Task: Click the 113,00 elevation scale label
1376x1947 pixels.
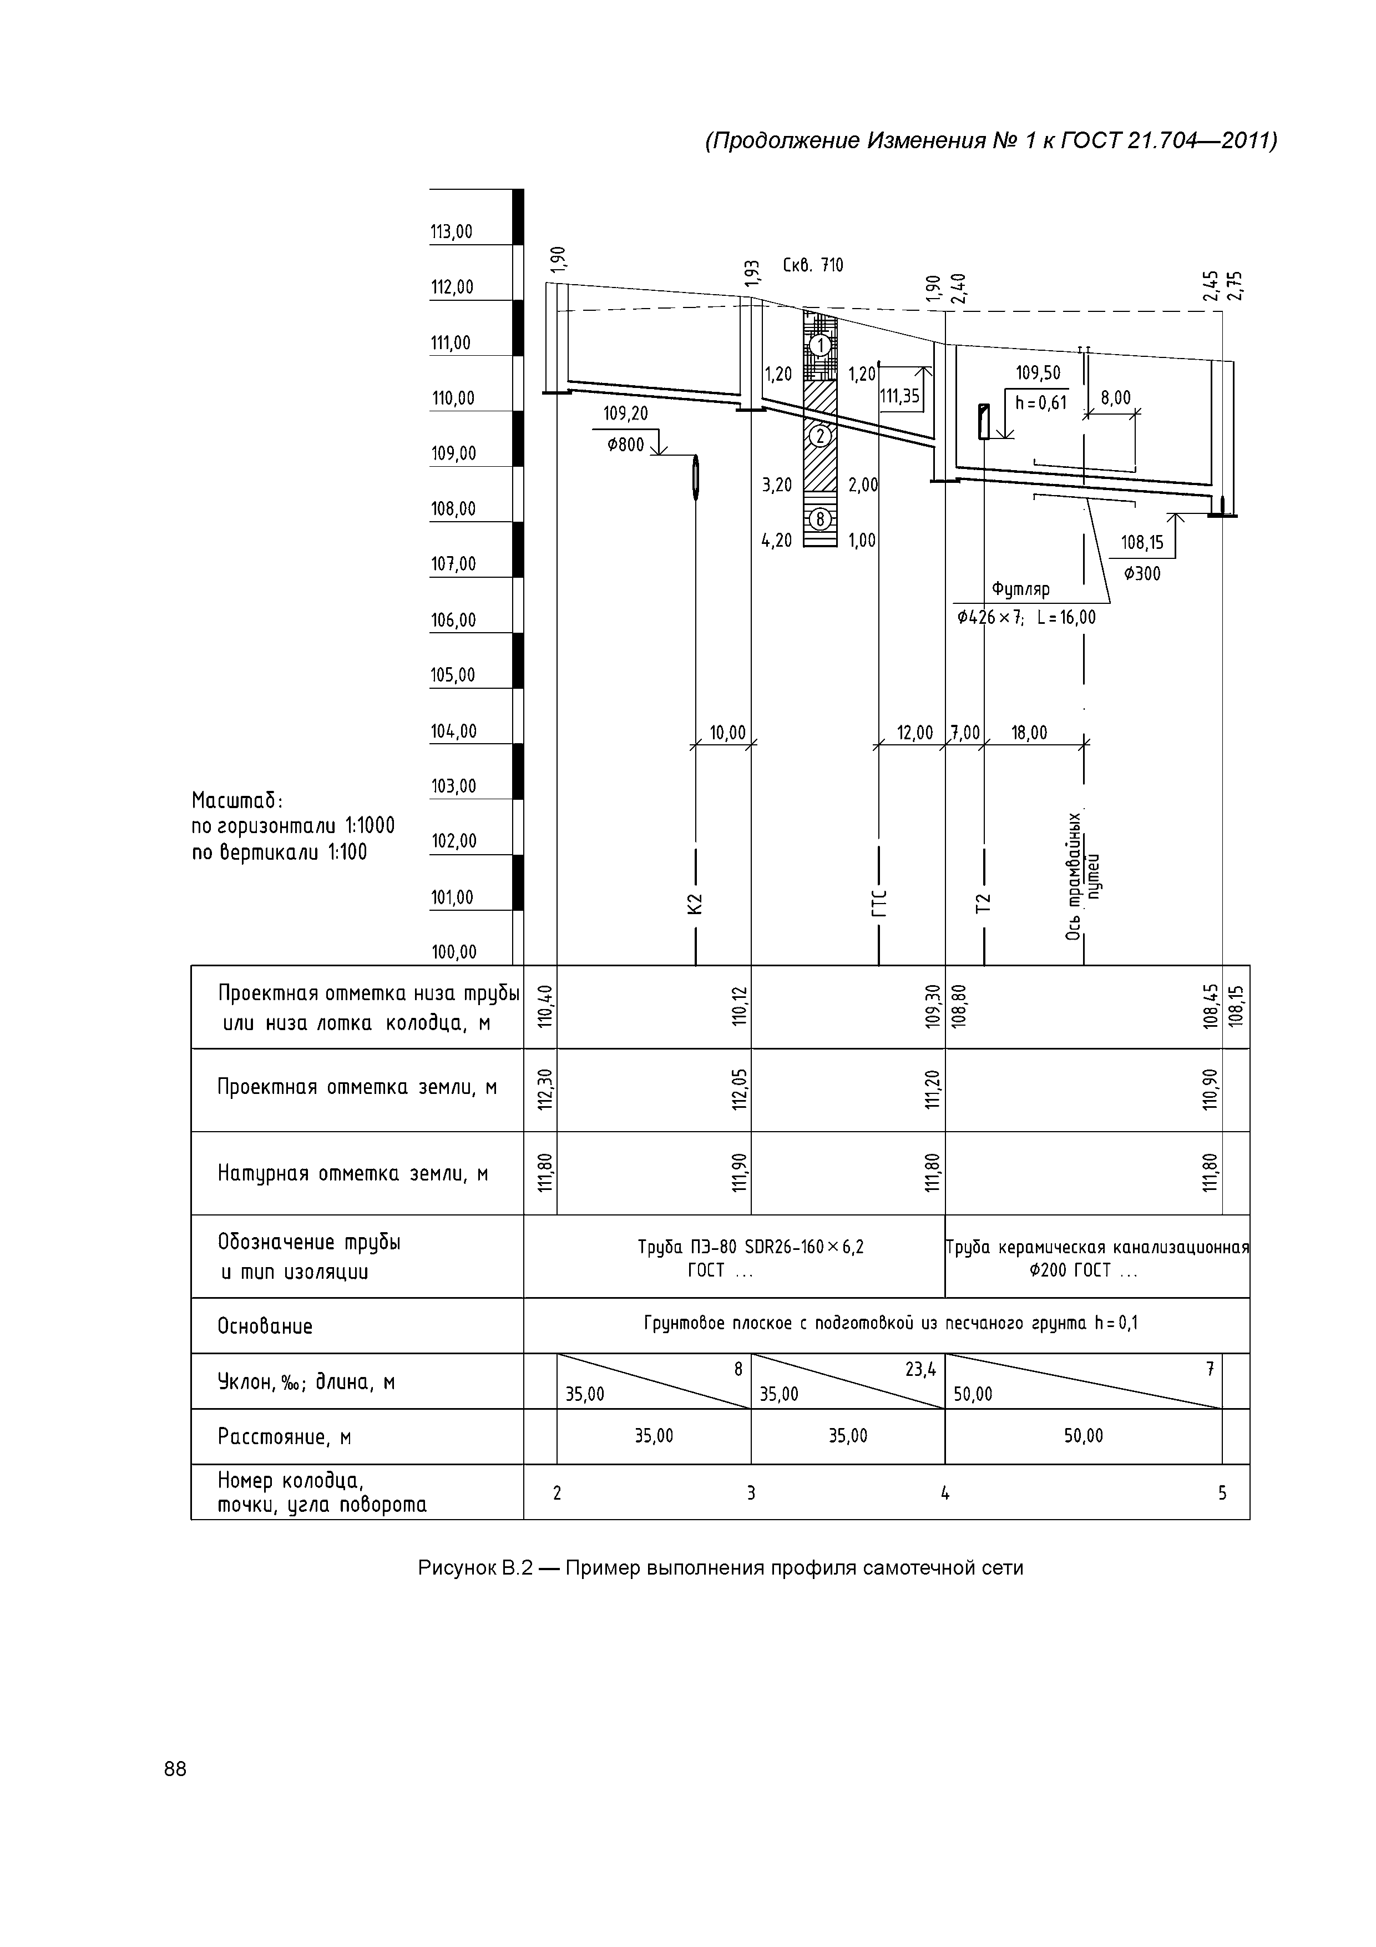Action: coord(452,231)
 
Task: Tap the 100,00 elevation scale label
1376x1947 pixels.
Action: coord(453,951)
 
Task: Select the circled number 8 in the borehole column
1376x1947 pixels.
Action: coord(820,519)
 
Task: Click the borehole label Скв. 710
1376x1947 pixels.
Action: coord(812,265)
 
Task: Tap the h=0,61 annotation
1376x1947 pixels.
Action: coord(1040,403)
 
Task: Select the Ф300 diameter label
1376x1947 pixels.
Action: coord(1142,574)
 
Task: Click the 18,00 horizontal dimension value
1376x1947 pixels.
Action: coord(1029,733)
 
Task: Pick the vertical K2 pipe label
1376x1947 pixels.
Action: coord(695,904)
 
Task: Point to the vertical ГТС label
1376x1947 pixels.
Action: coord(879,904)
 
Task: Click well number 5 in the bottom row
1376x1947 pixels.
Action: coord(1222,1494)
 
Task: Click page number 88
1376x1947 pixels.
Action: coord(175,1768)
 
